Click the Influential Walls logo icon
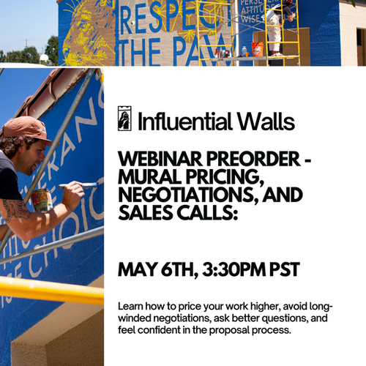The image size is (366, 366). coord(124,119)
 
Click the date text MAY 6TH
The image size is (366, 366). coord(154,269)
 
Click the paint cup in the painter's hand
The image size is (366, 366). coord(42,199)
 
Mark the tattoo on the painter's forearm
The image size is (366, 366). coord(16,209)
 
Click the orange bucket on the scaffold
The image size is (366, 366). coord(257,49)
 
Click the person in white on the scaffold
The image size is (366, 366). coord(274,29)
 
